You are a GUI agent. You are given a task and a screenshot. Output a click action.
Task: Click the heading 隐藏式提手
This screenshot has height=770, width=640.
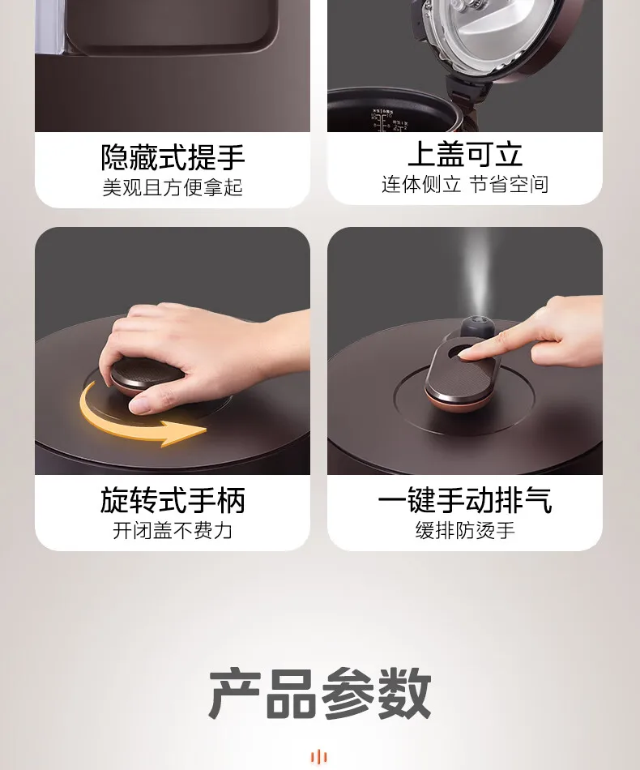click(173, 157)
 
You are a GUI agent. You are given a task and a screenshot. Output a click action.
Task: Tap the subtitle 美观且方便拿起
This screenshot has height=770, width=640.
click(173, 187)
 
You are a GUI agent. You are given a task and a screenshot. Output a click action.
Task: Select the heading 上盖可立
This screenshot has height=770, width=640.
click(465, 154)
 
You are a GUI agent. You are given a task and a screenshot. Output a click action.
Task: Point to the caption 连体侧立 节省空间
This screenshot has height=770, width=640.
click(465, 184)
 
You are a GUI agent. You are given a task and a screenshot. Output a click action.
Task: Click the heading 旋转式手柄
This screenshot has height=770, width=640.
click(173, 500)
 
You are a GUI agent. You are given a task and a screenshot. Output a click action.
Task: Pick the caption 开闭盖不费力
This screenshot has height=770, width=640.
click(173, 530)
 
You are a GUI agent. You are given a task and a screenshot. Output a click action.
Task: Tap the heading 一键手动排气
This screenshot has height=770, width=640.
click(465, 500)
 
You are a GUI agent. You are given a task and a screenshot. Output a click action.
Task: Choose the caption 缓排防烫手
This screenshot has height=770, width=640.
click(465, 530)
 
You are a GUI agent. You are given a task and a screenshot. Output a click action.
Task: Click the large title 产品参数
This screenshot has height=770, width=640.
click(319, 693)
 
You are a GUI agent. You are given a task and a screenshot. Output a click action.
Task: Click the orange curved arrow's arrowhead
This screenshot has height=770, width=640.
click(186, 433)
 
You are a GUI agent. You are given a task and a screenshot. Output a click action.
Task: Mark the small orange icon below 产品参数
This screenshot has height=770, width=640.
click(319, 756)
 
